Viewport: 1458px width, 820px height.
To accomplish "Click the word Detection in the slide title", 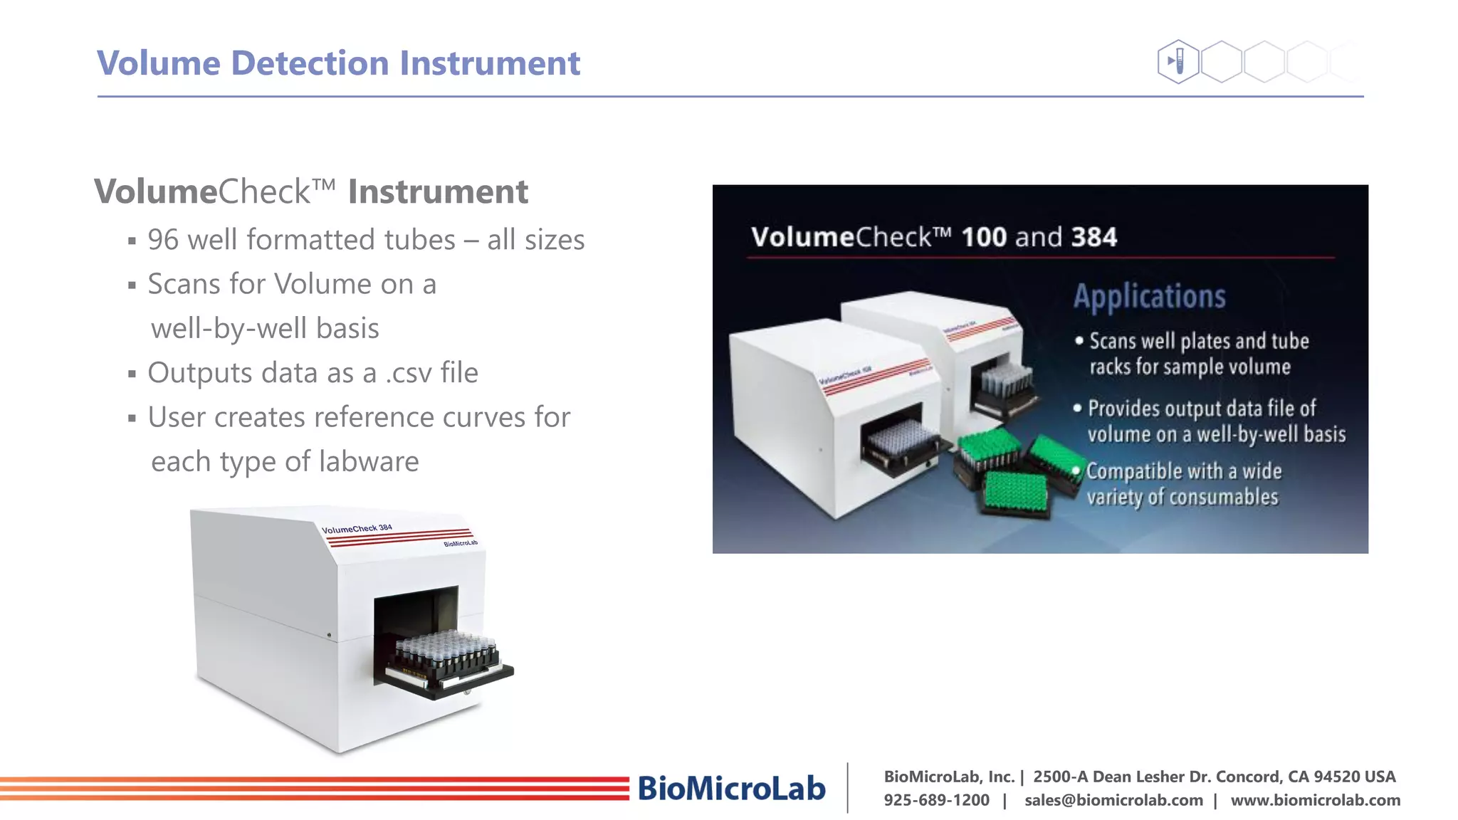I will click(x=310, y=63).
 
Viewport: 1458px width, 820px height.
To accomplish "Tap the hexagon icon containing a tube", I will click(x=1178, y=61).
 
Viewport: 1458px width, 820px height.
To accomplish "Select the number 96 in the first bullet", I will click(x=163, y=240).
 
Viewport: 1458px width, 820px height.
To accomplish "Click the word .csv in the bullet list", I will click(x=409, y=373).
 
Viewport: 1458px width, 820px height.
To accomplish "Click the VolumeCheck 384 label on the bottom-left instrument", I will click(x=357, y=529).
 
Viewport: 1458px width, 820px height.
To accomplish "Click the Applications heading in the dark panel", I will click(x=1149, y=297).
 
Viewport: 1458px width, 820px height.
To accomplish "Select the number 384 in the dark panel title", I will click(x=1093, y=237).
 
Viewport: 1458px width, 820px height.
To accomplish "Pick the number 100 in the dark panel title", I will click(x=984, y=237).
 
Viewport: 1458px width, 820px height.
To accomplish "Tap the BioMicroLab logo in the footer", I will click(x=731, y=789).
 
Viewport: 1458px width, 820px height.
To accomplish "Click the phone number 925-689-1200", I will click(x=936, y=800).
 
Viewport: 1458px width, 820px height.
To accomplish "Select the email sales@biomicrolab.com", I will click(x=1113, y=800).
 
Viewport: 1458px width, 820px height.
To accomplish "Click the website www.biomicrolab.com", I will click(x=1315, y=800).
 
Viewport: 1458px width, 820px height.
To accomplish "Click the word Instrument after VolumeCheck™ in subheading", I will click(x=438, y=192).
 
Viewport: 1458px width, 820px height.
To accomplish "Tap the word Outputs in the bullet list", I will click(x=200, y=373).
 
